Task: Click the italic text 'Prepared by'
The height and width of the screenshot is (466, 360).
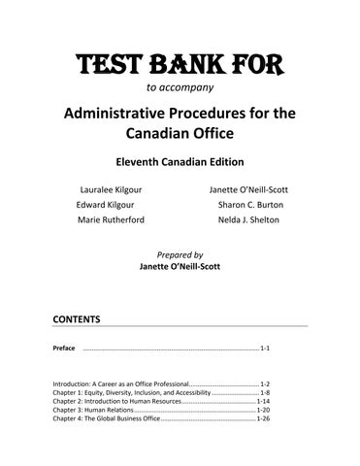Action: point(180,252)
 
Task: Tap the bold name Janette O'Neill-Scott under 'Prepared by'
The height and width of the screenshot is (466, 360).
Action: point(180,265)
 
